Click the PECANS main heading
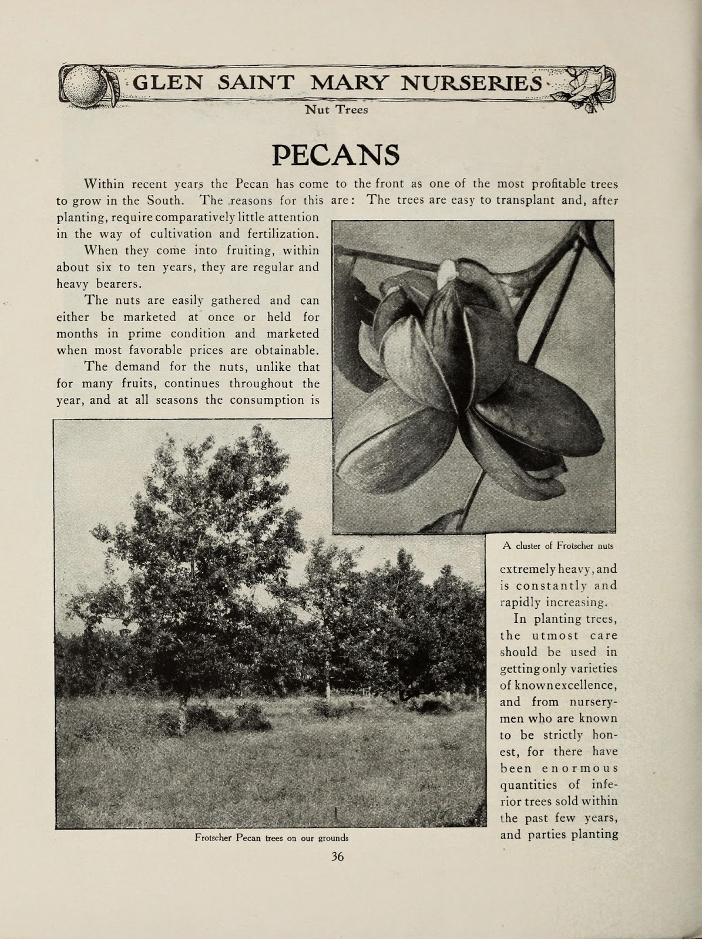336,154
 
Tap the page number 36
337,856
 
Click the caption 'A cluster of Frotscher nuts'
557,545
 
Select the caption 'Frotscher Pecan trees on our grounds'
271,837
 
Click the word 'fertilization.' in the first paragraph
281,234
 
